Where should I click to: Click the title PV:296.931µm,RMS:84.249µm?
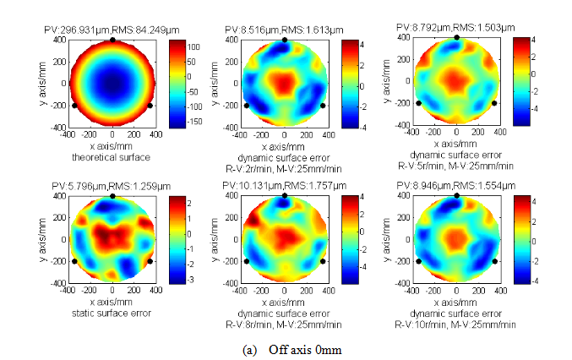click(113, 30)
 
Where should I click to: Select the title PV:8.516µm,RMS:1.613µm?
click(285, 30)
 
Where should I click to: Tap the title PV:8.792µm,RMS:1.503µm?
click(456, 28)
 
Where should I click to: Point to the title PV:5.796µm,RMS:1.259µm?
click(113, 188)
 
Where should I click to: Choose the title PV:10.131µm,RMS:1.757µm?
click(285, 188)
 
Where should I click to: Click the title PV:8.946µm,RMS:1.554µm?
click(456, 188)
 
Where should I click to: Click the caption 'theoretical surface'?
click(113, 157)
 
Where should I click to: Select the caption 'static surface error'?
click(113, 314)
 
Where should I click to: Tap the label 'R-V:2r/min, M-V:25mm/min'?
click(285, 167)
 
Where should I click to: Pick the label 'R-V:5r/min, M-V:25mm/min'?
click(456, 164)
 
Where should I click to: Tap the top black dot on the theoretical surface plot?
click(113, 40)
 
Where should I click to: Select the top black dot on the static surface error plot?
click(113, 196)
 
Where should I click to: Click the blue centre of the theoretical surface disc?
click(113, 84)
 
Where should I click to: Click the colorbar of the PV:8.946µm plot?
click(520, 239)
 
